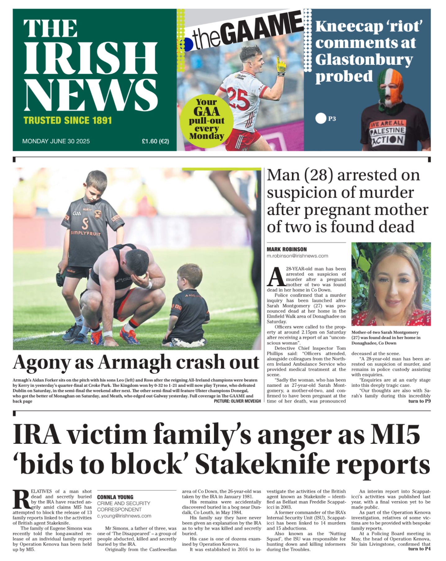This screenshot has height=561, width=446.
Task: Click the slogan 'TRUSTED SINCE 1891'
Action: click(68, 120)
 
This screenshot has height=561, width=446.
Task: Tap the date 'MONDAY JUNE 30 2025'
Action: click(56, 141)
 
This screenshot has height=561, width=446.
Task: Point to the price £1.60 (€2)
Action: click(155, 141)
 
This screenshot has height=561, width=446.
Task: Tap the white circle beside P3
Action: click(320, 118)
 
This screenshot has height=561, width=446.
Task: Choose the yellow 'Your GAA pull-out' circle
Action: click(206, 119)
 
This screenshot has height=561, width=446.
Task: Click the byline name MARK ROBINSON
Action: click(287, 249)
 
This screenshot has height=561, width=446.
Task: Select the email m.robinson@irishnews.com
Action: click(297, 256)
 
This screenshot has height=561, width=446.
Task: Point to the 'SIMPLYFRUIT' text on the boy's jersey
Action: click(86, 233)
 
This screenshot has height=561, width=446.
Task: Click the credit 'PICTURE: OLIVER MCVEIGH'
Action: click(237, 401)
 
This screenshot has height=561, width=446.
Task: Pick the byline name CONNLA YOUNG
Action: click(115, 497)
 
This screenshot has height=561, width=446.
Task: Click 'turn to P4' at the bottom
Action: click(419, 549)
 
